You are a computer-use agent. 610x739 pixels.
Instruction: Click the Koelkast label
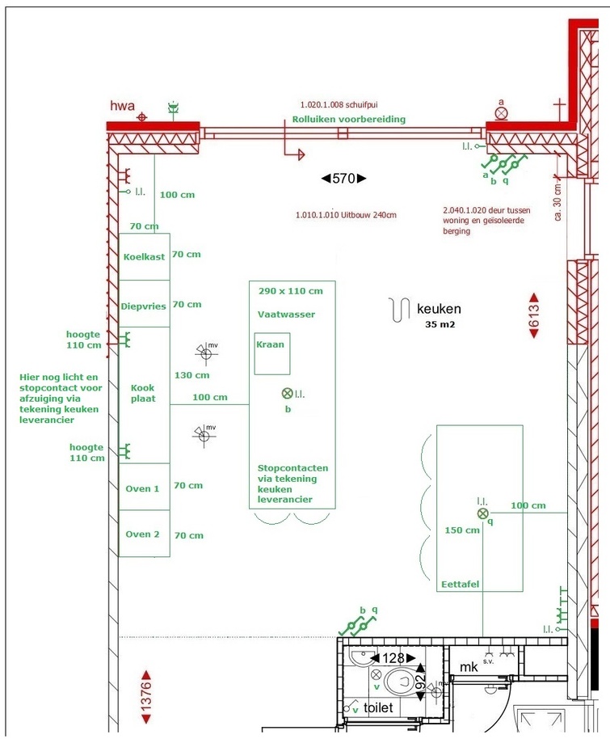[144, 257]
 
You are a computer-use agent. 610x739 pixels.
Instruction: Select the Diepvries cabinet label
[144, 306]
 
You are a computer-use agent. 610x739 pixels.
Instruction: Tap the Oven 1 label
[142, 488]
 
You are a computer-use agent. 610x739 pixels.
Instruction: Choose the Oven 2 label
[142, 534]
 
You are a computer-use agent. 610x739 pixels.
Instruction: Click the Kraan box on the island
[272, 353]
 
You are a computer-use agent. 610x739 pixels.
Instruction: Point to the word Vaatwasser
[286, 315]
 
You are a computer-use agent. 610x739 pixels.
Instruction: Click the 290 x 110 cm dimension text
[291, 291]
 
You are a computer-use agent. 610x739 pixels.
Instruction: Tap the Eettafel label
[461, 585]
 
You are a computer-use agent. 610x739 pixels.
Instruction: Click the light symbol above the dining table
[483, 513]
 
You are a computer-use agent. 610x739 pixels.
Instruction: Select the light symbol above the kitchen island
[287, 393]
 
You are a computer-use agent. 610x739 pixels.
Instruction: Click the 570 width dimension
[344, 179]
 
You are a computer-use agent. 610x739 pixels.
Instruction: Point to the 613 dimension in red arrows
[534, 315]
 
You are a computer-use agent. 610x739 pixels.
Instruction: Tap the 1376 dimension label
[146, 697]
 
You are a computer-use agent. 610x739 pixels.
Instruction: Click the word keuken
[439, 309]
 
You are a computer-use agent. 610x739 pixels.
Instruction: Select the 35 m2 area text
[440, 324]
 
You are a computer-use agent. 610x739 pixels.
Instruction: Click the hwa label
[123, 106]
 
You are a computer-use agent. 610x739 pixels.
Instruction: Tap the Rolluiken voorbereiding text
[349, 119]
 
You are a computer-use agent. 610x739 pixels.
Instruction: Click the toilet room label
[378, 707]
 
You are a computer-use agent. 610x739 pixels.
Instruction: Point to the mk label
[469, 667]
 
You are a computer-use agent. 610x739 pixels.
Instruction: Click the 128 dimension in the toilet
[393, 658]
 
